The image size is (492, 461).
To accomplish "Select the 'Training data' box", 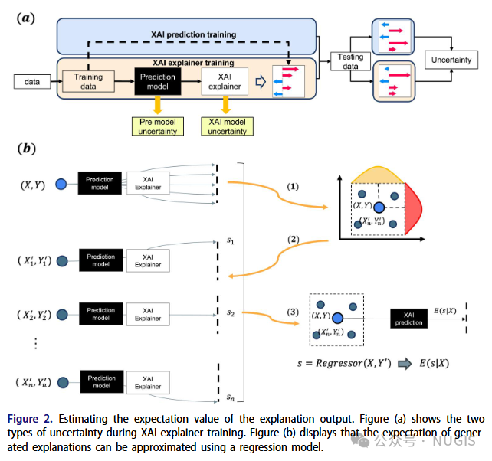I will click(88, 81).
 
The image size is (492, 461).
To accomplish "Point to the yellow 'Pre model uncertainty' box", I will click(158, 126).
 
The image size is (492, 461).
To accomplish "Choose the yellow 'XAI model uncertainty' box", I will click(227, 126).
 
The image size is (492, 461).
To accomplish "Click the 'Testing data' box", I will click(349, 61).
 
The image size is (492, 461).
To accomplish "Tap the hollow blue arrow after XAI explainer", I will click(261, 82).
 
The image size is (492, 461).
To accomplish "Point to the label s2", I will click(231, 312).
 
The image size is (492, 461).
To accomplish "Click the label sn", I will click(231, 397).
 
